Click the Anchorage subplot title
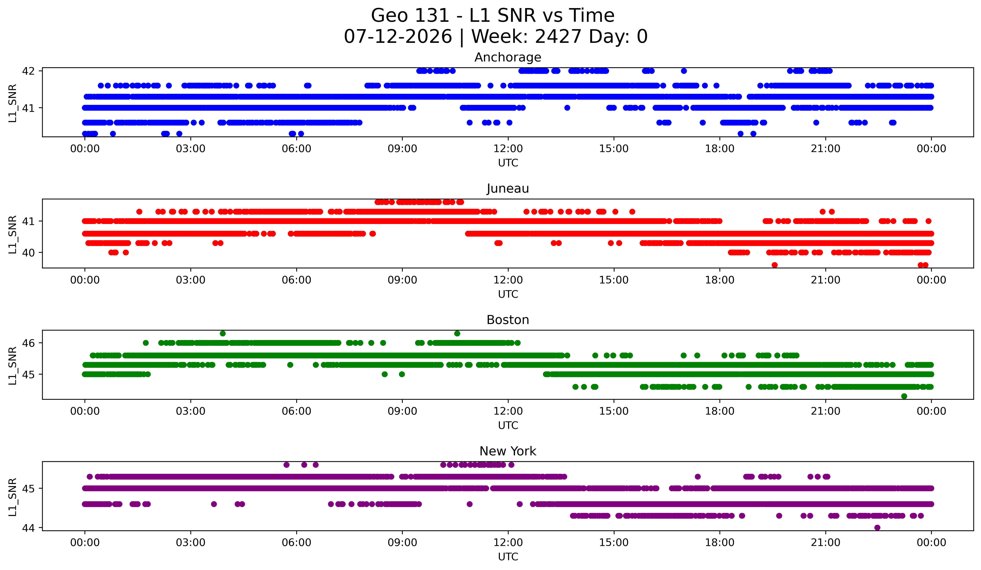click(x=508, y=57)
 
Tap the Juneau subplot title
click(x=508, y=188)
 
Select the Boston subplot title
click(x=508, y=320)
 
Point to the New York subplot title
click(x=508, y=451)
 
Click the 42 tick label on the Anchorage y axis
click(x=28, y=71)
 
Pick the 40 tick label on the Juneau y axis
click(x=28, y=252)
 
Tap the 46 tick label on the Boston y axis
click(x=28, y=343)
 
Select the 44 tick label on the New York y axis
click(x=28, y=528)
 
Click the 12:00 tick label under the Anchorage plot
click(x=508, y=148)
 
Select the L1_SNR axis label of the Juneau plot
click(x=12, y=235)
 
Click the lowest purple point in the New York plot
click(x=877, y=528)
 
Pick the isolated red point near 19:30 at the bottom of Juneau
click(x=775, y=265)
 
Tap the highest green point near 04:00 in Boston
click(x=223, y=334)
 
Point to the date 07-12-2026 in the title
click(x=398, y=37)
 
